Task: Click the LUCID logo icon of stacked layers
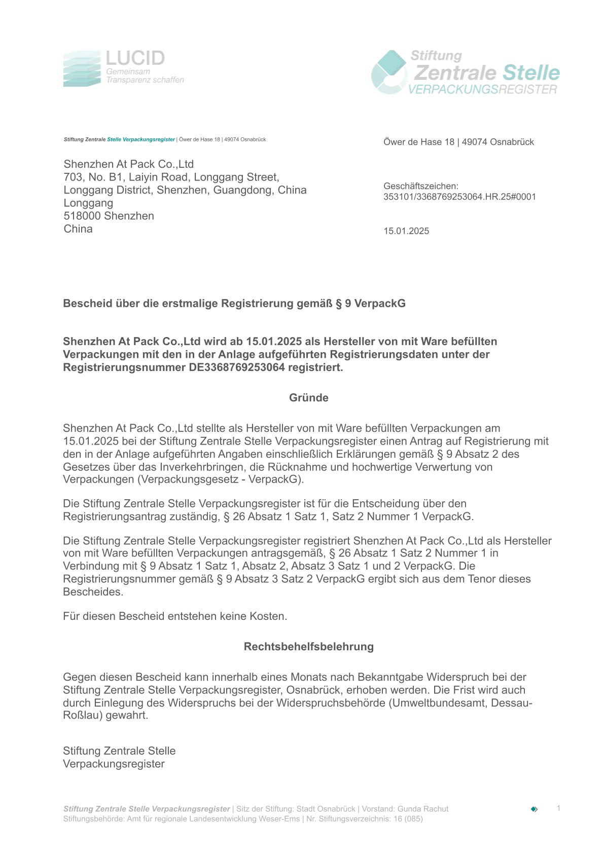[x=83, y=69]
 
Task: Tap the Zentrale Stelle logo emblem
[x=389, y=72]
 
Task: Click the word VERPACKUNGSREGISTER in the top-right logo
[x=482, y=90]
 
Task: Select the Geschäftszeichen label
[x=421, y=186]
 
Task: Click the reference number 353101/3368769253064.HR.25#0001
[x=459, y=197]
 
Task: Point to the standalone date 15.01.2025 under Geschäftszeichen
[x=406, y=231]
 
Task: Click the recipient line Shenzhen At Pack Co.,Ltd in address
[x=129, y=164]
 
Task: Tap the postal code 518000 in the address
[x=82, y=216]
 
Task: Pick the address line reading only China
[x=78, y=229]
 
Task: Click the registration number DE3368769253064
[x=237, y=367]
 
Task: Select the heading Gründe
[x=309, y=398]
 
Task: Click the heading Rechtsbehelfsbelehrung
[x=309, y=647]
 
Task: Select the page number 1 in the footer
[x=558, y=808]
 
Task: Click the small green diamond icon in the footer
[x=534, y=809]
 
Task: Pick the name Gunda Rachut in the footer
[x=424, y=809]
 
